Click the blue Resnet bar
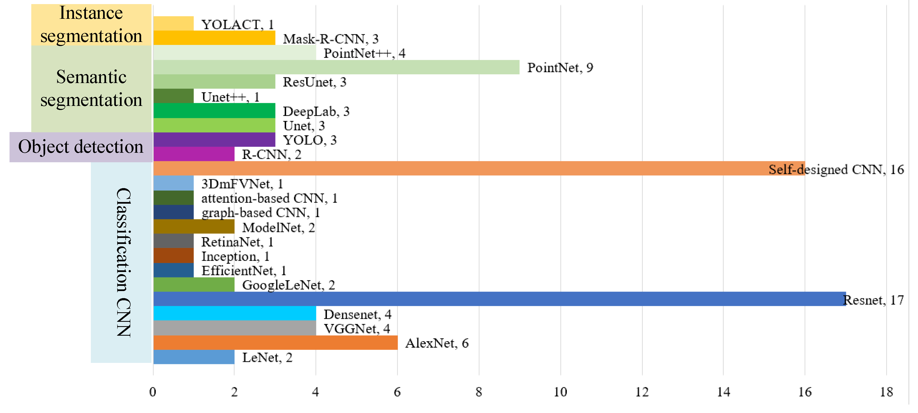tap(499, 299)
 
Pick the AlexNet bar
tap(275, 343)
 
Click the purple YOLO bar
tap(214, 139)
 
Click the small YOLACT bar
tap(173, 23)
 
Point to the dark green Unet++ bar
tap(173, 96)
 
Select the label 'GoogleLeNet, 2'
tap(288, 285)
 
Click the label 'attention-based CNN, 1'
tap(269, 198)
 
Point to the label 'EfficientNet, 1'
tap(244, 271)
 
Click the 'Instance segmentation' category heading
tap(91, 24)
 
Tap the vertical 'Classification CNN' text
tap(123, 262)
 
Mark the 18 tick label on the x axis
tap(886, 392)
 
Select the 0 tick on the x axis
tap(153, 392)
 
